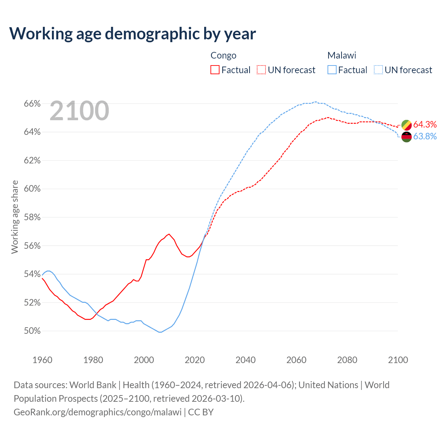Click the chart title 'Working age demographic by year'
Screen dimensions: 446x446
click(132, 34)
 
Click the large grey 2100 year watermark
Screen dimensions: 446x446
click(79, 111)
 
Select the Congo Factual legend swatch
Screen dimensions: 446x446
click(215, 70)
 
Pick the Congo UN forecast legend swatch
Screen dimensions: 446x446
click(261, 70)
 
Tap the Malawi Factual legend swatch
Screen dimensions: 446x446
click(332, 70)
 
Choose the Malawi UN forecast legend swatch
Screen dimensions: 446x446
click(378, 70)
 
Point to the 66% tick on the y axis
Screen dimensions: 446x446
click(32, 104)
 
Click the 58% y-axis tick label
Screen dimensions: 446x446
click(32, 217)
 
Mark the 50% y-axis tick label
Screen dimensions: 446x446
click(32, 331)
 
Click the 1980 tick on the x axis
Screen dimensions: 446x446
click(93, 360)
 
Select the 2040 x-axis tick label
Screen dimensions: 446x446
click(246, 360)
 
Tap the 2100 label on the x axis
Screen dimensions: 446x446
click(398, 360)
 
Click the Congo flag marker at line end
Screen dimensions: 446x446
click(407, 125)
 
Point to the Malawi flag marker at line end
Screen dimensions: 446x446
click(407, 137)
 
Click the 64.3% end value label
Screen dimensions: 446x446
click(425, 125)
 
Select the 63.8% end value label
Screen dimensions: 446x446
click(425, 137)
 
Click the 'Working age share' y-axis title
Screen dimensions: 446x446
click(15, 217)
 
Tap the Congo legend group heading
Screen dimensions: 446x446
click(223, 55)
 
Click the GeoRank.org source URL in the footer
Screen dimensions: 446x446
click(98, 412)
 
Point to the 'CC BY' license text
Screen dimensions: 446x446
click(201, 412)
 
